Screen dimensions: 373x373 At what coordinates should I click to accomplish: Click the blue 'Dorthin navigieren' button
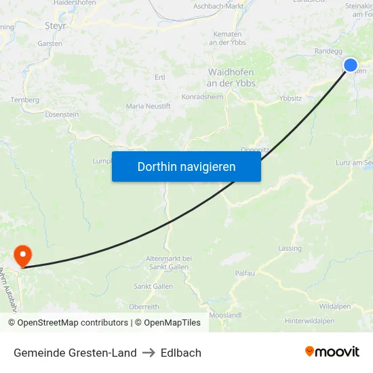coord(186,166)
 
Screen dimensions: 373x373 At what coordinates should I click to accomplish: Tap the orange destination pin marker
coord(22,255)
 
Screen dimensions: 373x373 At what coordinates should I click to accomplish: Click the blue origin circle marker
coord(350,65)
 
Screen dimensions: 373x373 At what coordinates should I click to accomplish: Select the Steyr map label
coord(55,26)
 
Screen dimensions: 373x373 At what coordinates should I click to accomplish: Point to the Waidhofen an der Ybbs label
coord(231,77)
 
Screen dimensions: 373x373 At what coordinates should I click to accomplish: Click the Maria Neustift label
coord(148,106)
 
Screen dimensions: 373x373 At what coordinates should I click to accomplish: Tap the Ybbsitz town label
coord(290,98)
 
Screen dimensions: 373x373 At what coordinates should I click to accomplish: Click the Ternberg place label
coord(25,100)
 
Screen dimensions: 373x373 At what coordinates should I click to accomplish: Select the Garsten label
coord(50,43)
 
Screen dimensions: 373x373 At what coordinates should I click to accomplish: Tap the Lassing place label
coord(290,248)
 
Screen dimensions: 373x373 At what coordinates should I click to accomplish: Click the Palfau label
coord(245,273)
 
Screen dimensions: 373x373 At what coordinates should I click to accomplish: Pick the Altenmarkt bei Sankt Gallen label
coord(169,262)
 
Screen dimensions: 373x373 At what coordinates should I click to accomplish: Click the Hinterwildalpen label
coord(309,321)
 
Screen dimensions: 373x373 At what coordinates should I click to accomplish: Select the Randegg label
coord(328,51)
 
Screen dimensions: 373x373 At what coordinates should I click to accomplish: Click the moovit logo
coord(332,352)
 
